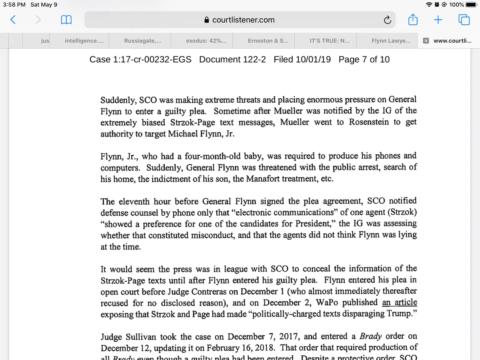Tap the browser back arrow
point(13,20)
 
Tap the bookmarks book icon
point(66,20)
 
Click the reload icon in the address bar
point(387,20)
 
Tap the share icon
point(413,20)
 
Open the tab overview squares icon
point(464,20)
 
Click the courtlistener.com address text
point(243,20)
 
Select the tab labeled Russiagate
point(142,41)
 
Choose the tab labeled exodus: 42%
point(206,41)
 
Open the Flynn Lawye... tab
point(391,41)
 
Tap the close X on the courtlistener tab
point(426,41)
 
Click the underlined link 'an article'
point(399,302)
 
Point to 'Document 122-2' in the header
point(232,59)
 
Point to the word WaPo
point(327,302)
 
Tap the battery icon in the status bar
point(471,5)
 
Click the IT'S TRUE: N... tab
point(329,41)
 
